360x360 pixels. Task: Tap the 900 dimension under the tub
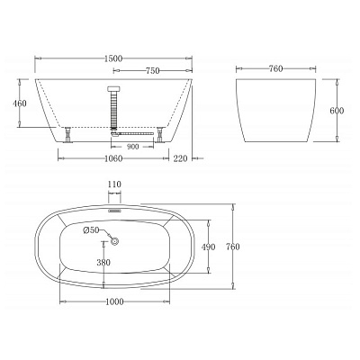(133, 147)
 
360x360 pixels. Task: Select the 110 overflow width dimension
(114, 185)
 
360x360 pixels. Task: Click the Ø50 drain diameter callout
(91, 230)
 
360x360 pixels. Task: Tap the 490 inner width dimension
(208, 247)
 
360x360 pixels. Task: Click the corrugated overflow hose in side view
(114, 107)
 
